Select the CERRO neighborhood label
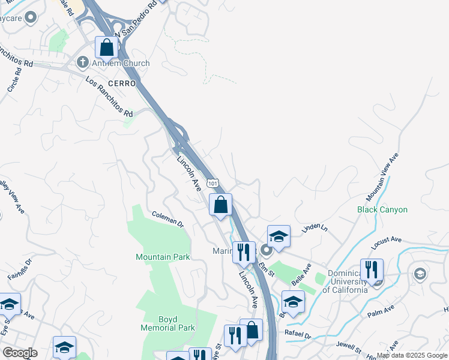tap(122, 84)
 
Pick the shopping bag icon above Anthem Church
tap(106, 47)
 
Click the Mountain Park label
tap(163, 257)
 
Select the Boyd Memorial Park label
tap(168, 323)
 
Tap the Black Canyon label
tap(382, 209)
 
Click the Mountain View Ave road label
tap(383, 178)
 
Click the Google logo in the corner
tap(19, 353)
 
